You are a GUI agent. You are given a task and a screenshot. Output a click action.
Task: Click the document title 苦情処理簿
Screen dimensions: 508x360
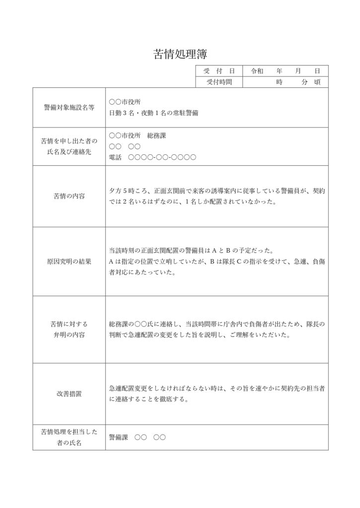point(180,54)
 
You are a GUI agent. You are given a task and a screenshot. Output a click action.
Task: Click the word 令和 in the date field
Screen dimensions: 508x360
point(258,71)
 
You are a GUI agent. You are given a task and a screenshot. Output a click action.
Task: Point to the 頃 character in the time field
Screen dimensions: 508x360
point(317,82)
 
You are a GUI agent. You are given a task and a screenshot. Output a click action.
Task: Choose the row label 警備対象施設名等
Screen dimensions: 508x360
point(69,107)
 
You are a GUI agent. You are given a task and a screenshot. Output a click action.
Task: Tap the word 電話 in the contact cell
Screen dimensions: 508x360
point(115,157)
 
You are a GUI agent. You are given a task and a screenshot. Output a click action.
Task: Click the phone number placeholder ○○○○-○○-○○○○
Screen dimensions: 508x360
point(162,157)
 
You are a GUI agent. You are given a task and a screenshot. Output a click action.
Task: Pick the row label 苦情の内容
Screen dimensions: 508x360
point(69,196)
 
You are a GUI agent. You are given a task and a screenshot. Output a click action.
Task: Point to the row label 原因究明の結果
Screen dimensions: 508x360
point(69,261)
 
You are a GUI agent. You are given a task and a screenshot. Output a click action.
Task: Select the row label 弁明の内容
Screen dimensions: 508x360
point(69,335)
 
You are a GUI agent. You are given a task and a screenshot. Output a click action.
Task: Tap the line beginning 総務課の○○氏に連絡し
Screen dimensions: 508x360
point(216,324)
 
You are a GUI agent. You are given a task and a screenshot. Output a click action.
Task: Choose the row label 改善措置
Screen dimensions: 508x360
point(69,394)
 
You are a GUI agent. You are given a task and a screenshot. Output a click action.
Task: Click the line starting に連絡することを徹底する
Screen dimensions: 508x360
point(148,399)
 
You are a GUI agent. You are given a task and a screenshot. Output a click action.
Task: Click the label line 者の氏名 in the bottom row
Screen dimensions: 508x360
point(69,443)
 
